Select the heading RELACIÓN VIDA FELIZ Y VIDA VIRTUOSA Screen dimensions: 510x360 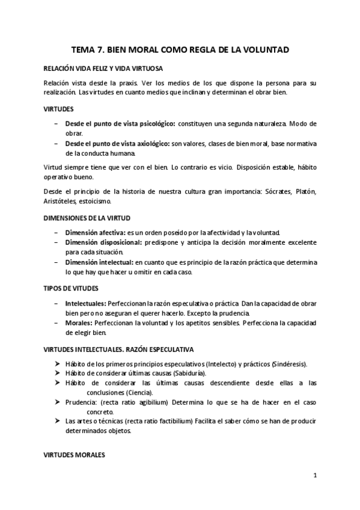pos(102,69)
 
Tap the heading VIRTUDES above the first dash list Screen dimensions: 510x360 pos(59,109)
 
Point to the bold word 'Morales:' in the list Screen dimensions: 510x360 pos(78,324)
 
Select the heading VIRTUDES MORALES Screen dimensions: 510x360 pos(75,455)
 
